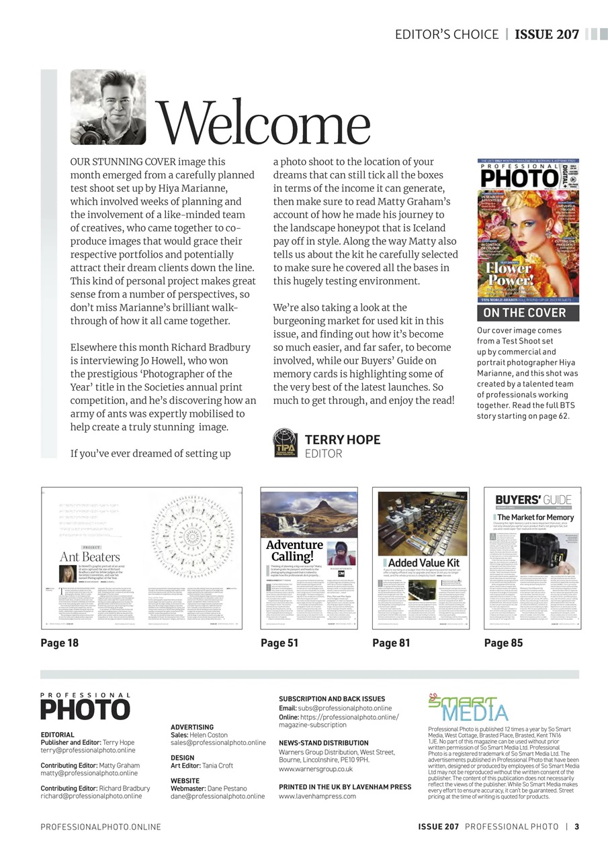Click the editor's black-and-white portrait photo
pos(107,107)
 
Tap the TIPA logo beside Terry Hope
pos(285,444)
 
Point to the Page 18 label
pos(60,642)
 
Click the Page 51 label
pos(279,642)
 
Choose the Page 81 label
pos(391,642)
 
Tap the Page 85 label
pos(503,642)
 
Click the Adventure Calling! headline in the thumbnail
pos(295,551)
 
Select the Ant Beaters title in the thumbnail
pos(90,556)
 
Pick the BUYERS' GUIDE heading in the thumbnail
pos(533,499)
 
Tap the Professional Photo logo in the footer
pos(85,706)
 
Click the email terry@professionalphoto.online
pos(88,750)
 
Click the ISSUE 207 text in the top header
pos(547,34)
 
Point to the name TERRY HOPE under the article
pos(343,440)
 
